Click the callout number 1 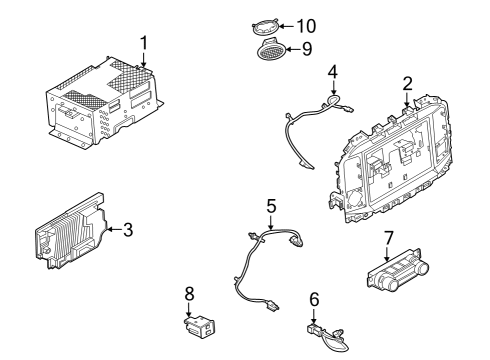(144, 43)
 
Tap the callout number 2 (408, 83)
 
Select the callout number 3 (127, 229)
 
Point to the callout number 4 (332, 72)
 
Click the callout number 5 (270, 206)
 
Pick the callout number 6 (313, 298)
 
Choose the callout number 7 (387, 238)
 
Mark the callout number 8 (189, 294)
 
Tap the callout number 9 (307, 48)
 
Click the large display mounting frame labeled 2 (390, 160)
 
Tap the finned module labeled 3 (70, 232)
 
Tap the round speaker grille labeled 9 (270, 49)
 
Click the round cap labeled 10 (266, 25)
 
